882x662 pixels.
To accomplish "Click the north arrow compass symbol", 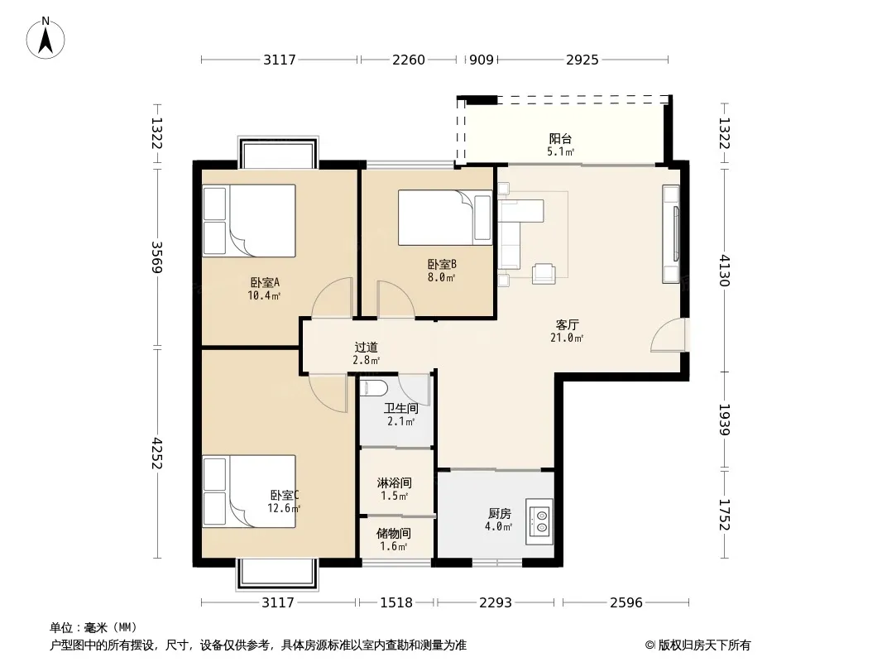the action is [x=46, y=38].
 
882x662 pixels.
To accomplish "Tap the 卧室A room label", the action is [x=265, y=282].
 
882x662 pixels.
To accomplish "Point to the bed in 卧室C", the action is [x=249, y=491].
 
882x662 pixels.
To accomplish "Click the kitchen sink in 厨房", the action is [x=539, y=521].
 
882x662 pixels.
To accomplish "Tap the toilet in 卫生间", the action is [x=374, y=387].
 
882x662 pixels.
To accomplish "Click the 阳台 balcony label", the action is [x=560, y=138].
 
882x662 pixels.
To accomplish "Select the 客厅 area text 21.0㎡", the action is [x=567, y=338].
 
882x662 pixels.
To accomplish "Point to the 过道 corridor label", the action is [x=367, y=348].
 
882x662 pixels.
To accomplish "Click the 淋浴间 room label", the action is [x=395, y=482].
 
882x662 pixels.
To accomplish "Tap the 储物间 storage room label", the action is [x=394, y=533].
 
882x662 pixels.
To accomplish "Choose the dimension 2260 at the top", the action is [x=409, y=60].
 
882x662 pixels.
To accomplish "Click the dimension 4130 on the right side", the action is [x=725, y=270].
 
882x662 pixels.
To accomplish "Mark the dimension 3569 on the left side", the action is [x=156, y=257].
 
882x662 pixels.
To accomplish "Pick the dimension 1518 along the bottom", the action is [x=396, y=603].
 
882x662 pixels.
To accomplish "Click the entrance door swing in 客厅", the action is [x=668, y=335].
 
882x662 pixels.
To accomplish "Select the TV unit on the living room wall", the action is [x=671, y=233].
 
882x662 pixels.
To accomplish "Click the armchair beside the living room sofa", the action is [x=544, y=273].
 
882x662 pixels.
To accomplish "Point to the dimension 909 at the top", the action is [x=481, y=60].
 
